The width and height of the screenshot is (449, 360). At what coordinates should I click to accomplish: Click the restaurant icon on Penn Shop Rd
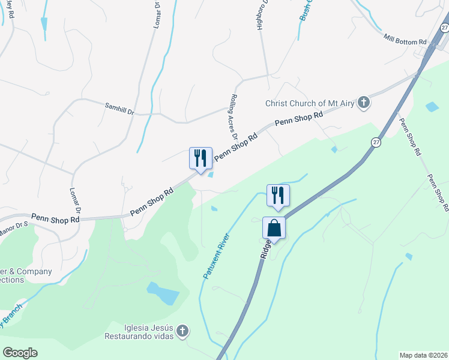[200, 158]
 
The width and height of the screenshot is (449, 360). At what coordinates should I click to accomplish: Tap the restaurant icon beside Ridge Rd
[278, 195]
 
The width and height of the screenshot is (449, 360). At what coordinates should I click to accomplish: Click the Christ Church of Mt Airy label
[310, 103]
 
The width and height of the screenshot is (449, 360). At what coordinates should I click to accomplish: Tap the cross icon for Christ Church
[363, 103]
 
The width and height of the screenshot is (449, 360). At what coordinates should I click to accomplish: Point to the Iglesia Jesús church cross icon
[183, 331]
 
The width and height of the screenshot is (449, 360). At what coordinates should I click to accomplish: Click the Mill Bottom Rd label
[405, 39]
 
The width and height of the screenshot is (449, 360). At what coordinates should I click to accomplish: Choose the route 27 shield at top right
[444, 28]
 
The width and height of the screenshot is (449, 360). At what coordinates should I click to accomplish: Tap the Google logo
[20, 353]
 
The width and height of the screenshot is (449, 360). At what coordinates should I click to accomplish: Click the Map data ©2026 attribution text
[423, 355]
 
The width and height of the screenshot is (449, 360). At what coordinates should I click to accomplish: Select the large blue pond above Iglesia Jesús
[163, 293]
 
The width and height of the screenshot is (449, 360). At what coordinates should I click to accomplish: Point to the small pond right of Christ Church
[432, 107]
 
